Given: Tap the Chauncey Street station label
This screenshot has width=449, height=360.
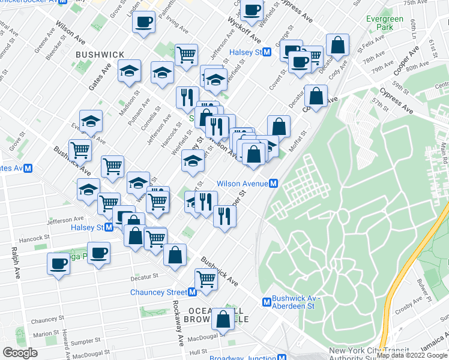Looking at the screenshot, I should click(x=158, y=292).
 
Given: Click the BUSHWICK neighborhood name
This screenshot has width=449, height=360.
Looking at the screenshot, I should click(x=100, y=55).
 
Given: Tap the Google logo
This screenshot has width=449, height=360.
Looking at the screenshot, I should click(x=20, y=353).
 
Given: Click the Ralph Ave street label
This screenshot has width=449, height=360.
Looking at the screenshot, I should click(x=14, y=259).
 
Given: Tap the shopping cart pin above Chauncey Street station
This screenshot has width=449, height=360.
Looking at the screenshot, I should click(x=206, y=279).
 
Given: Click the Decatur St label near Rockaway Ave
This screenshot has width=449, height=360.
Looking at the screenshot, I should click(x=146, y=276).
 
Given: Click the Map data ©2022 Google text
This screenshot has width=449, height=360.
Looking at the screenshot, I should click(x=412, y=355).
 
